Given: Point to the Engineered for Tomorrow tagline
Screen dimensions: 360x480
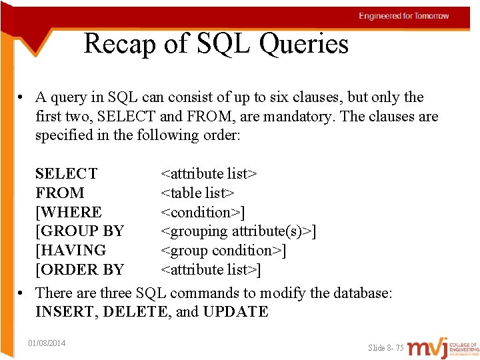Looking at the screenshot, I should tap(404, 16).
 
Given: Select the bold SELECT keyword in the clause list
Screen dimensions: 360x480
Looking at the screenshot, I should tap(66, 174).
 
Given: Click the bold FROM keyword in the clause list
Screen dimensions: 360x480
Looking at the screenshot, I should tap(60, 193).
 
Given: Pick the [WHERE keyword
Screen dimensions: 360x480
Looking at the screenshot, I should tap(69, 213).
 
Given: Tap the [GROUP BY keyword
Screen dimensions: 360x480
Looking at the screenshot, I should tap(79, 231).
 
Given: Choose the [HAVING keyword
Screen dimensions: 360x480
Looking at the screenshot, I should tap(71, 251).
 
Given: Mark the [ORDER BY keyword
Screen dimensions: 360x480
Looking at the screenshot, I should tap(79, 270).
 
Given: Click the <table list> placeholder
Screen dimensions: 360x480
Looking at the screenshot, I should tap(197, 193).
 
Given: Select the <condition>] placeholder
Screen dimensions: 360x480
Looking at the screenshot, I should tap(203, 213).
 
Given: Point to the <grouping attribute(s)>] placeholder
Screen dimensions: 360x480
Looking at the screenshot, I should tap(238, 231).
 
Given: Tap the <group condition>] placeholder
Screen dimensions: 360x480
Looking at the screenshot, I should tap(223, 251).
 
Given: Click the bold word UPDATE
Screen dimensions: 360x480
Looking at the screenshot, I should tap(235, 312).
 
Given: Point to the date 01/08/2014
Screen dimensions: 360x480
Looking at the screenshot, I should tap(47, 343).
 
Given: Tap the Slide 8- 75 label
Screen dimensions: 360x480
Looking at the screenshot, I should tap(386, 348).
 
